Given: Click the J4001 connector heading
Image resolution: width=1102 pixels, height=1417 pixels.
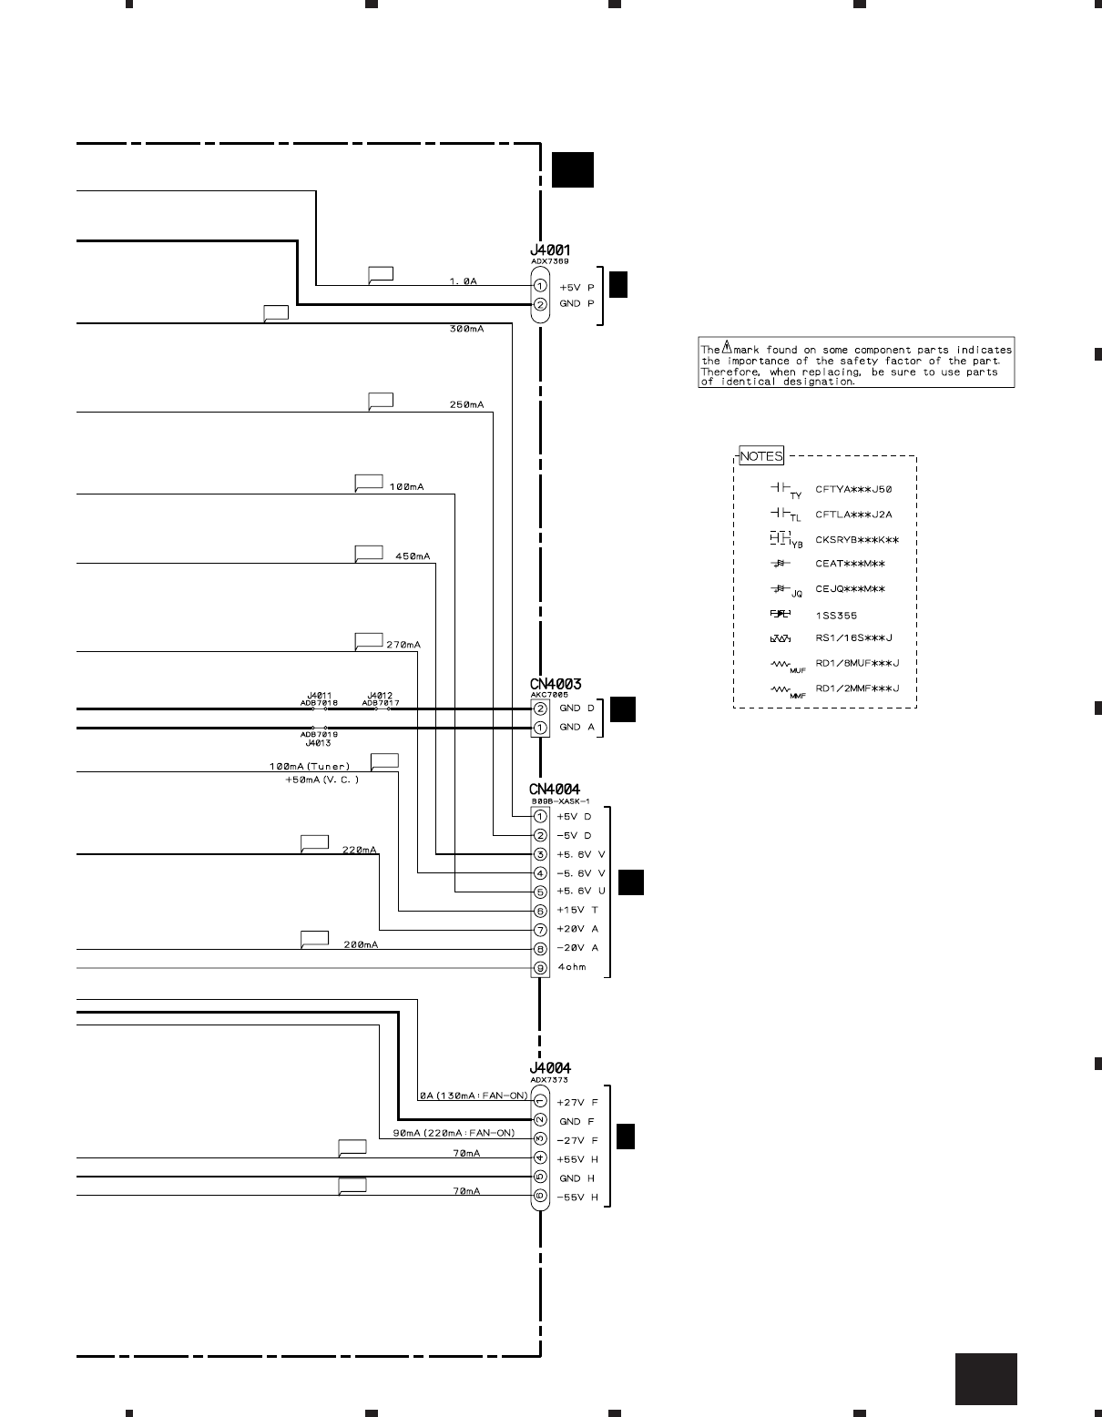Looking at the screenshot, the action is tap(550, 250).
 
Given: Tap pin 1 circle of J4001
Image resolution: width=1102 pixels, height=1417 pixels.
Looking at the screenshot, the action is tap(540, 286).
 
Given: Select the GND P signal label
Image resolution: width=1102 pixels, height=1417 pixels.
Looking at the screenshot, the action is tap(576, 304).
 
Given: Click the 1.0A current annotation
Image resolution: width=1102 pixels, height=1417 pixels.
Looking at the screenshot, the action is tap(463, 281).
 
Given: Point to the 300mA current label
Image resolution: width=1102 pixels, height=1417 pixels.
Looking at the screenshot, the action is tap(466, 329).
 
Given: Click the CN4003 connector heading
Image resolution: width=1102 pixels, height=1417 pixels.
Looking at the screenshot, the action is tap(556, 684).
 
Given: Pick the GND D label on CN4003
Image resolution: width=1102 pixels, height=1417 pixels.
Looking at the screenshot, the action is tap(577, 708).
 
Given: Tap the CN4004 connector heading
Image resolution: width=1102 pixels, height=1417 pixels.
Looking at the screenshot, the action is tap(555, 790).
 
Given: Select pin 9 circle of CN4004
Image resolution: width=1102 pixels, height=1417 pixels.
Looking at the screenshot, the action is tap(540, 967).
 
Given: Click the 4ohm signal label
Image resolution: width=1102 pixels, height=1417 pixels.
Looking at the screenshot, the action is tap(572, 967).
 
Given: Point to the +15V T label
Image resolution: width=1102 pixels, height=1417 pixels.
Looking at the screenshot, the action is tap(577, 911).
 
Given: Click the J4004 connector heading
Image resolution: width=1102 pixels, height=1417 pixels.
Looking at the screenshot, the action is tap(550, 1068).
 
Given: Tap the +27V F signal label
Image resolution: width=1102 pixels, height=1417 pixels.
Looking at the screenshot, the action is tap(577, 1103).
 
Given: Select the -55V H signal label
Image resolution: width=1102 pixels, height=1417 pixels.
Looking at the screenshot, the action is tap(577, 1198).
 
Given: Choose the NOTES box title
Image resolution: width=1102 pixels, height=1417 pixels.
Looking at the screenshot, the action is tap(760, 456).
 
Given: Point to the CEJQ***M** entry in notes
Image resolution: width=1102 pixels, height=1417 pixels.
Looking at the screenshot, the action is tap(850, 589).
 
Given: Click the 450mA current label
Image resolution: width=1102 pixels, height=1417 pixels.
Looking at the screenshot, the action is tap(413, 556).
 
